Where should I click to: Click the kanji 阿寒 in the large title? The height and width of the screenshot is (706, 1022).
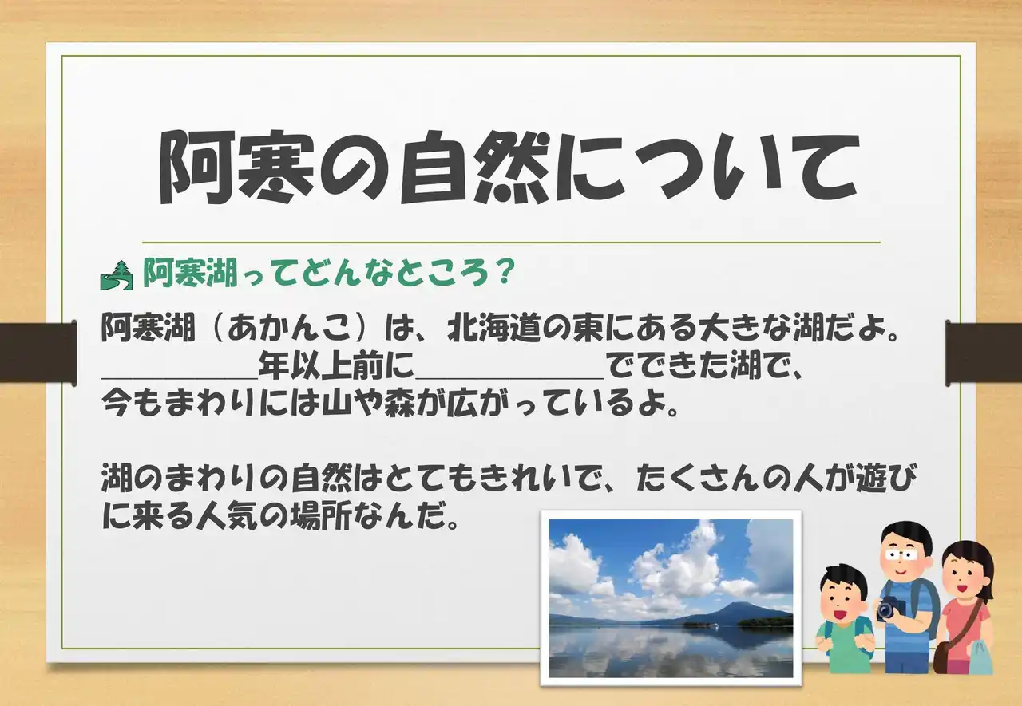[x=238, y=168]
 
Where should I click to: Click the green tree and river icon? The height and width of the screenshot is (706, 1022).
[x=117, y=275]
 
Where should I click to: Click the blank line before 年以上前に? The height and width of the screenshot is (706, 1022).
[x=180, y=377]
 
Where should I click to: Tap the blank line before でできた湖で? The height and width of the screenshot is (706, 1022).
[x=509, y=377]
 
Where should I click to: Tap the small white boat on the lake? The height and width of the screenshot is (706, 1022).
[x=714, y=627]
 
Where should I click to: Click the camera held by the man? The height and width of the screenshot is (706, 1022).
[x=890, y=608]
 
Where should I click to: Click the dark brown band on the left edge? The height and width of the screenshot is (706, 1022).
[x=38, y=351]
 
